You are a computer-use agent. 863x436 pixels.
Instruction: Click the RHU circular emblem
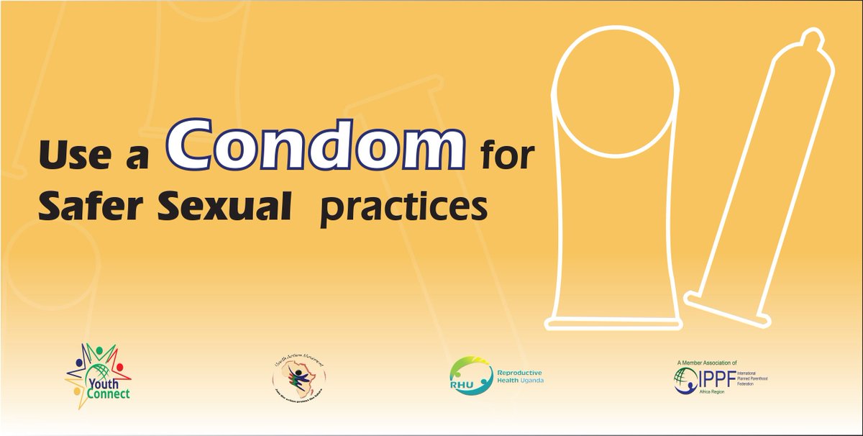point(466,378)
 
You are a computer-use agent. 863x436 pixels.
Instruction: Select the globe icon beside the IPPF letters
point(682,379)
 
